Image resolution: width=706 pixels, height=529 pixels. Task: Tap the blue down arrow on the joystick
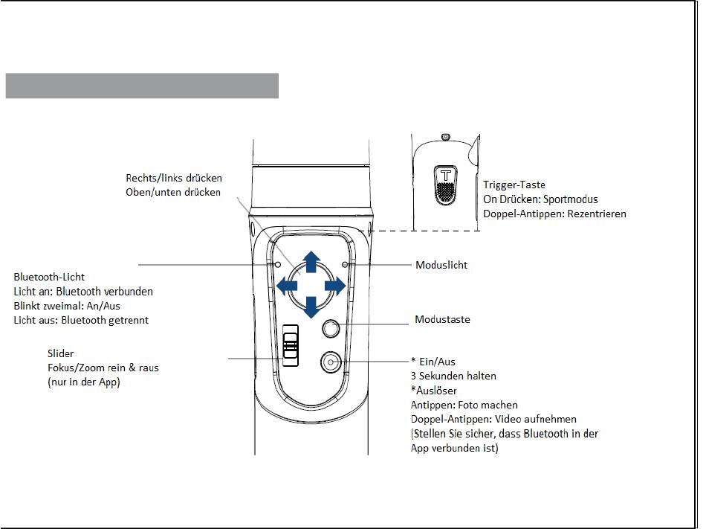pyautogui.click(x=311, y=306)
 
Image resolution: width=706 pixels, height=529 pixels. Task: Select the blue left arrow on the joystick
pyautogui.click(x=286, y=285)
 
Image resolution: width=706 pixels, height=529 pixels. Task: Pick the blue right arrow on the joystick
pyautogui.click(x=336, y=285)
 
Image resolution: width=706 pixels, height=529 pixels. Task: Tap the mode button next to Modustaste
pyautogui.click(x=331, y=328)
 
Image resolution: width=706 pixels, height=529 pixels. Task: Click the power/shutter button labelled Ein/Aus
pyautogui.click(x=331, y=362)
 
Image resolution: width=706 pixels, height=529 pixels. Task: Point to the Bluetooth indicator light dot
pyautogui.click(x=277, y=264)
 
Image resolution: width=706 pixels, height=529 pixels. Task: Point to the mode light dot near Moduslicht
pyautogui.click(x=345, y=264)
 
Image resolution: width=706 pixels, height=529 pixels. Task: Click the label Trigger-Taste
pyautogui.click(x=514, y=185)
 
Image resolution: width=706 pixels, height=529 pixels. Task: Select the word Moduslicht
pyautogui.click(x=441, y=265)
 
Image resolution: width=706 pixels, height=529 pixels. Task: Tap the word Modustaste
pyautogui.click(x=442, y=319)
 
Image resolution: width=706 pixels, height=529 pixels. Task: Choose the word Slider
pyautogui.click(x=60, y=353)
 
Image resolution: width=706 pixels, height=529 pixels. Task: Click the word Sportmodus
pyautogui.click(x=571, y=199)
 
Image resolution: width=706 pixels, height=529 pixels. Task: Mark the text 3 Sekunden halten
pyautogui.click(x=453, y=376)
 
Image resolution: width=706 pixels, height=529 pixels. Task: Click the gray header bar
pyautogui.click(x=142, y=86)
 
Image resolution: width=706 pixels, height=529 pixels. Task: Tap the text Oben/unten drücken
pyautogui.click(x=173, y=192)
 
